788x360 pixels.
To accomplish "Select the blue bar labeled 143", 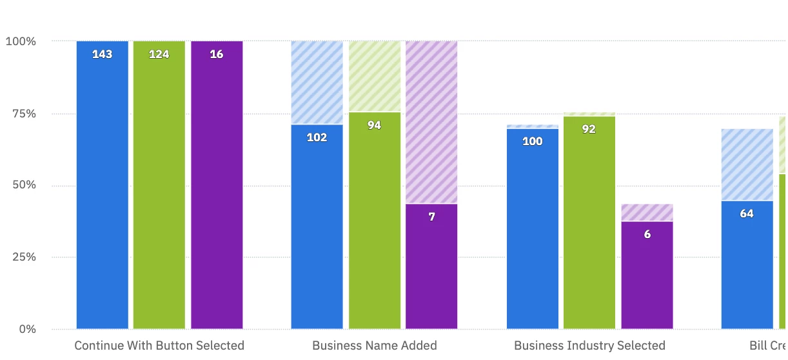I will click(103, 187).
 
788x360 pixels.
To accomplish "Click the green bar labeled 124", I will click(159, 187).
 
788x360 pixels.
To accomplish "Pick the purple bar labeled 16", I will click(217, 187).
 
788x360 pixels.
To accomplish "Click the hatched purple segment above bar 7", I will click(431, 123).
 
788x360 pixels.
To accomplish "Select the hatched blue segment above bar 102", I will click(317, 83).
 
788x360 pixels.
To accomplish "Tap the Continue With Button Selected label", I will click(159, 345).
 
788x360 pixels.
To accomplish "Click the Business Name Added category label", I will click(375, 345).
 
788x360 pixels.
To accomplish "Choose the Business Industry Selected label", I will click(589, 345).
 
